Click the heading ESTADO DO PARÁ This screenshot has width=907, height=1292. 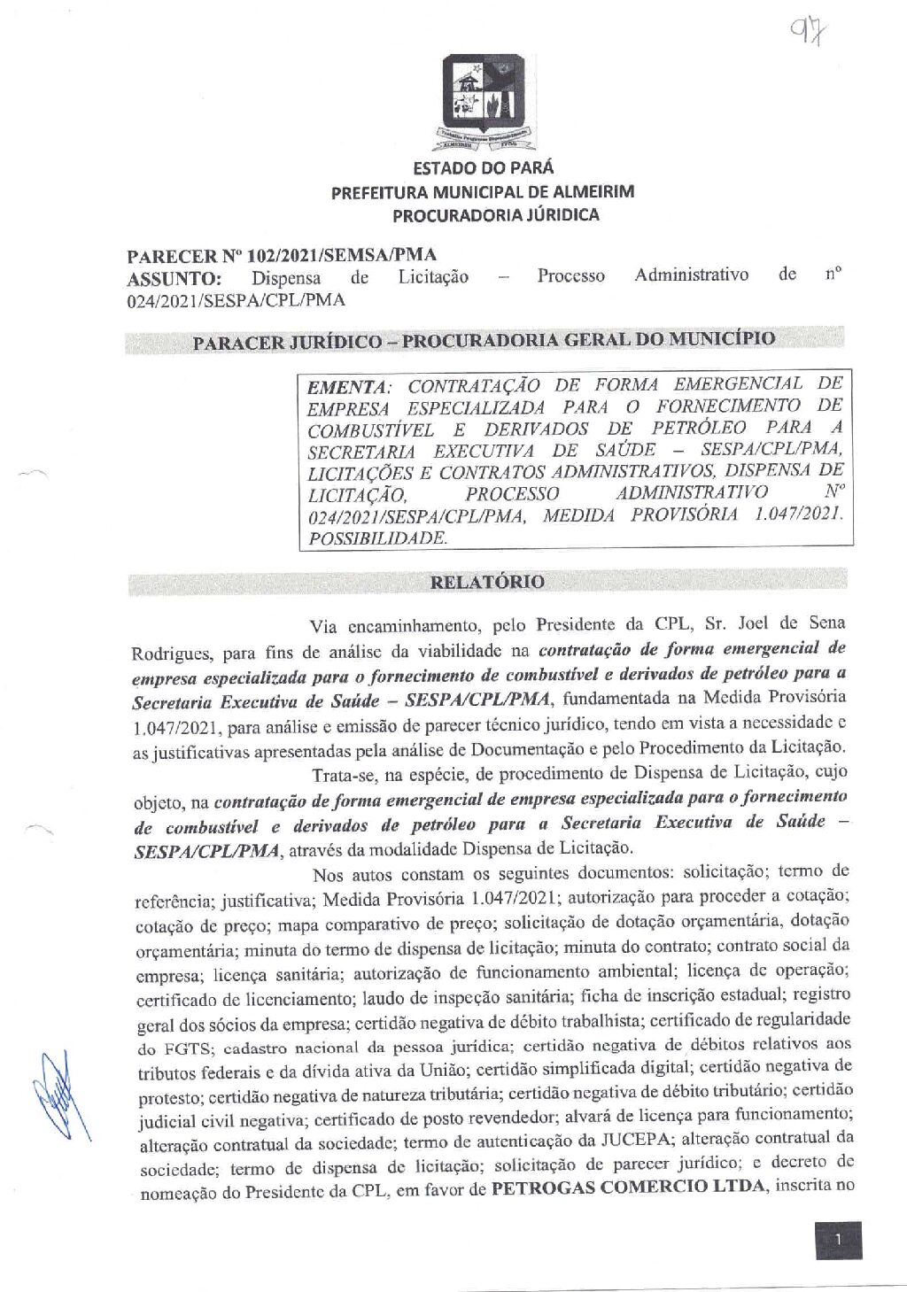(483, 168)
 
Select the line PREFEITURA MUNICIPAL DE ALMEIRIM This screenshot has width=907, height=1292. (483, 192)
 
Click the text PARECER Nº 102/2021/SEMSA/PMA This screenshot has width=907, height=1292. (282, 257)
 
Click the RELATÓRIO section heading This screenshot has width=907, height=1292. (486, 582)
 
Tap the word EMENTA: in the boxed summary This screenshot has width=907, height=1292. (347, 388)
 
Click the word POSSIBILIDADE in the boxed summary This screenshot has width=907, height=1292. (377, 538)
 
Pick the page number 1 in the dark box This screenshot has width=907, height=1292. (837, 1240)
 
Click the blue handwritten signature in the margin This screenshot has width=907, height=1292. (60, 1098)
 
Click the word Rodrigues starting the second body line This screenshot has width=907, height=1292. (172, 654)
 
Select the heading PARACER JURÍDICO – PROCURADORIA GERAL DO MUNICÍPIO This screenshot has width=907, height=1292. (484, 340)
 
